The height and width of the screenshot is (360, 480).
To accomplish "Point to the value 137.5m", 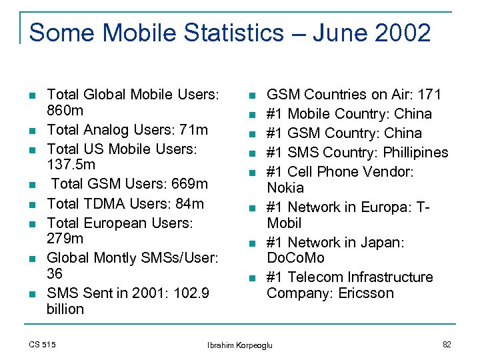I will pyautogui.click(x=71, y=164).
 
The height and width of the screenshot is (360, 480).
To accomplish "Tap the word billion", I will pyautogui.click(x=65, y=309).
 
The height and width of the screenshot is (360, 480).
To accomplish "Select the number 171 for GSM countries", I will pyautogui.click(x=428, y=95).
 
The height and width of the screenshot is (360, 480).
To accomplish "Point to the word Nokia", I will pyautogui.click(x=285, y=188).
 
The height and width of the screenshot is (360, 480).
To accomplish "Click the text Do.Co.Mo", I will pyautogui.click(x=295, y=258).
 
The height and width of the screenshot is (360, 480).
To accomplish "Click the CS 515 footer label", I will pyautogui.click(x=43, y=344).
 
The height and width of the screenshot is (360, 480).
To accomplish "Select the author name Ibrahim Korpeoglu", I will pyautogui.click(x=245, y=345).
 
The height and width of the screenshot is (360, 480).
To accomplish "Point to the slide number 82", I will pyautogui.click(x=447, y=344).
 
